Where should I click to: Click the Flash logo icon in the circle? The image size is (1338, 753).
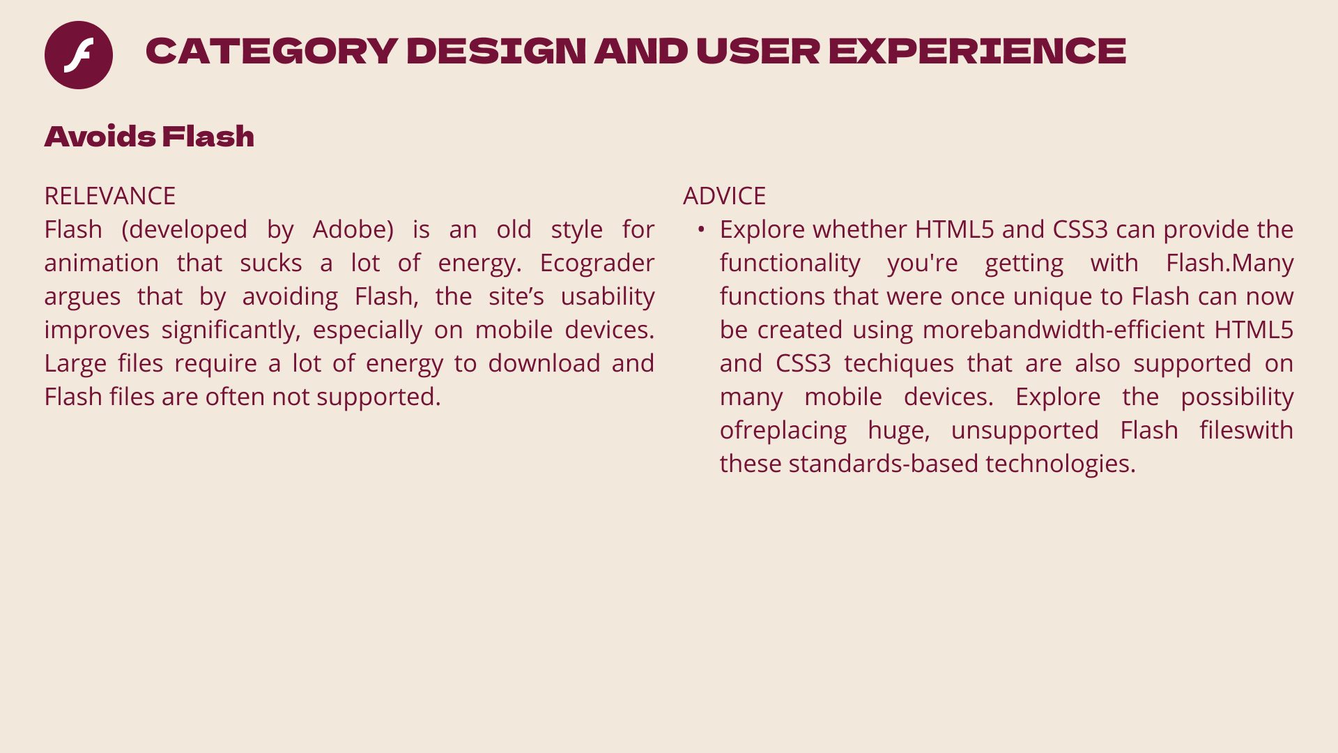coord(79,55)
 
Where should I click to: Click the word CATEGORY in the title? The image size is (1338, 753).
coord(272,51)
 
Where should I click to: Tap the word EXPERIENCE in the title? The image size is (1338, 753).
coord(977,51)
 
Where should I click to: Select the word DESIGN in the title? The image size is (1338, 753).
coord(496,51)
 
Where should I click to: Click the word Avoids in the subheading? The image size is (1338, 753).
coord(100,137)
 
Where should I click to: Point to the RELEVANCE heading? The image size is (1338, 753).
coord(110,196)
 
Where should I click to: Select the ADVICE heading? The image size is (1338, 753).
coord(724,196)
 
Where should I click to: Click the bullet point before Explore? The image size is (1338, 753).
coord(701,229)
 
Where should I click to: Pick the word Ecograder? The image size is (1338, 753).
coord(597,264)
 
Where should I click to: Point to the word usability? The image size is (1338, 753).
coord(608,297)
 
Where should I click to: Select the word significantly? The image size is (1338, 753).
coord(231,330)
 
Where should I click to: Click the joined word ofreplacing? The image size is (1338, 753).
coord(783,431)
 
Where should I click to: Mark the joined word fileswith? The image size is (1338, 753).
coord(1246,430)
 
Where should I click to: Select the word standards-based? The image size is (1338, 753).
coord(884,464)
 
